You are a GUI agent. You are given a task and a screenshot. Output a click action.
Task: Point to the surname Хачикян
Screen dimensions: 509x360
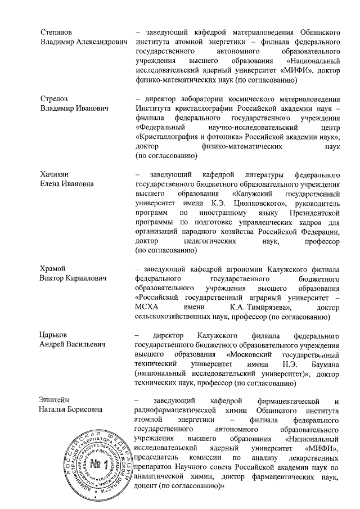[56, 174]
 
